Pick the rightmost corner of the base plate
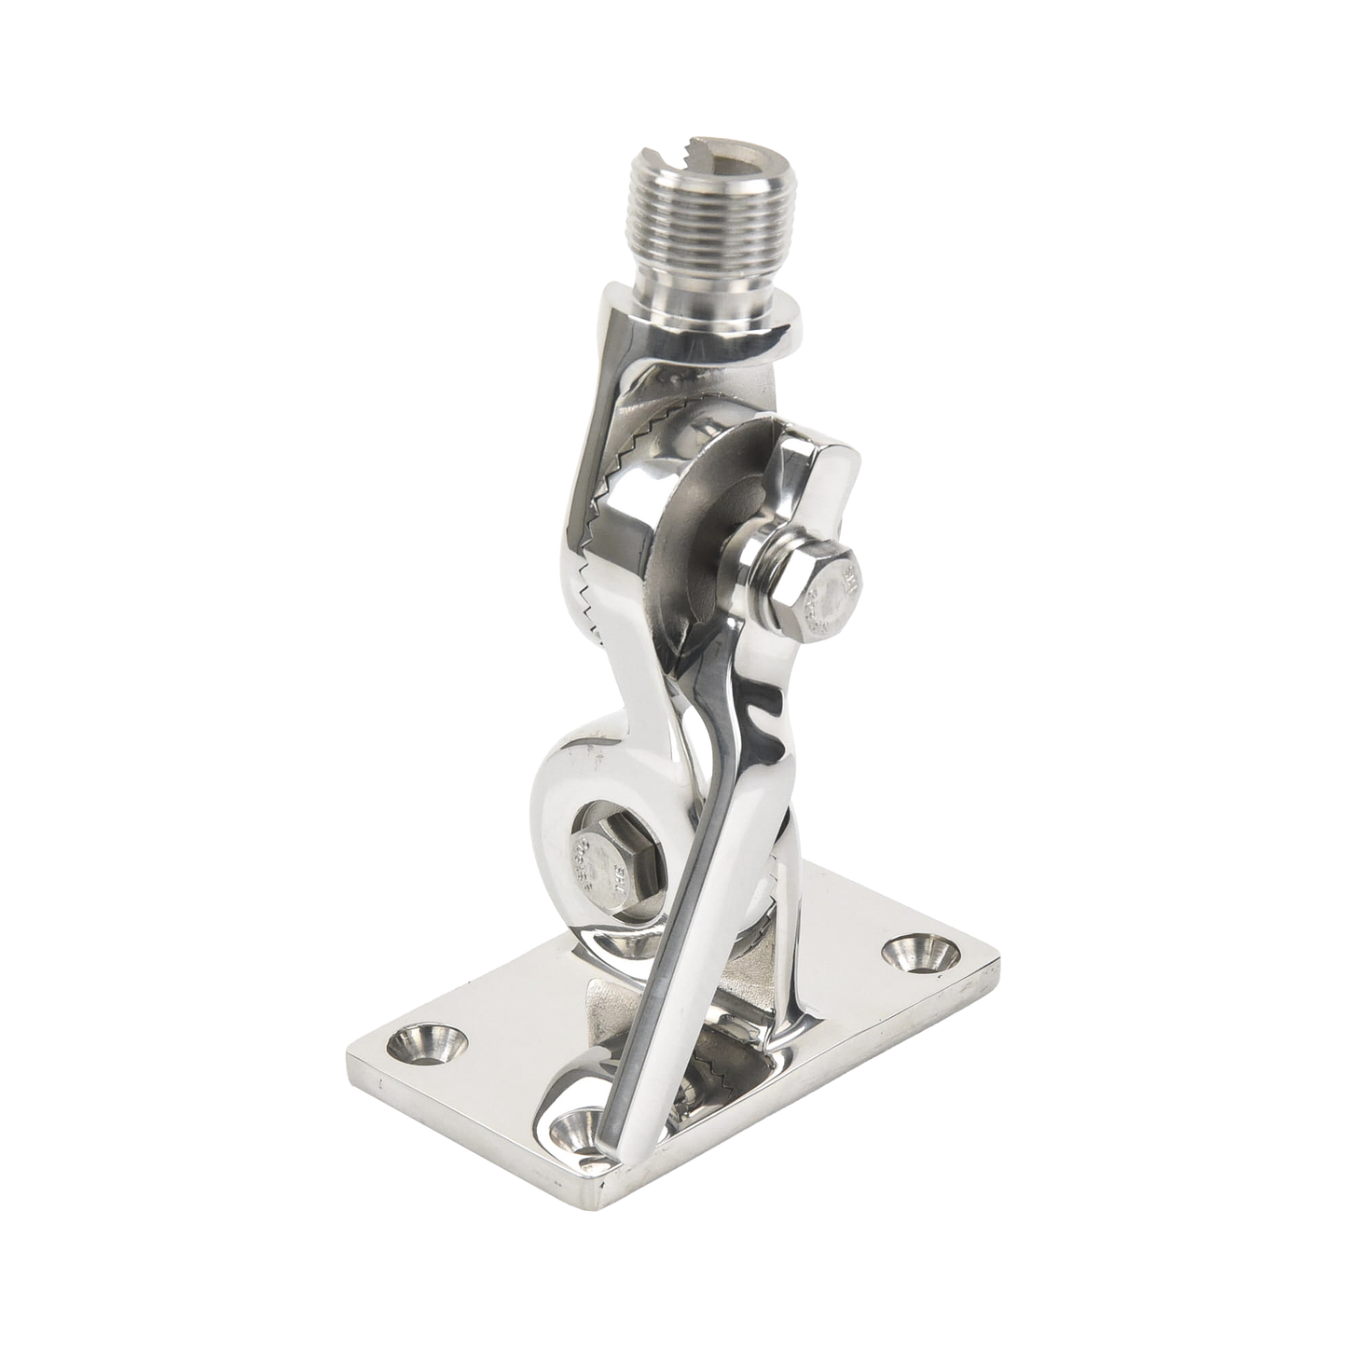pyautogui.click(x=1000, y=953)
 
